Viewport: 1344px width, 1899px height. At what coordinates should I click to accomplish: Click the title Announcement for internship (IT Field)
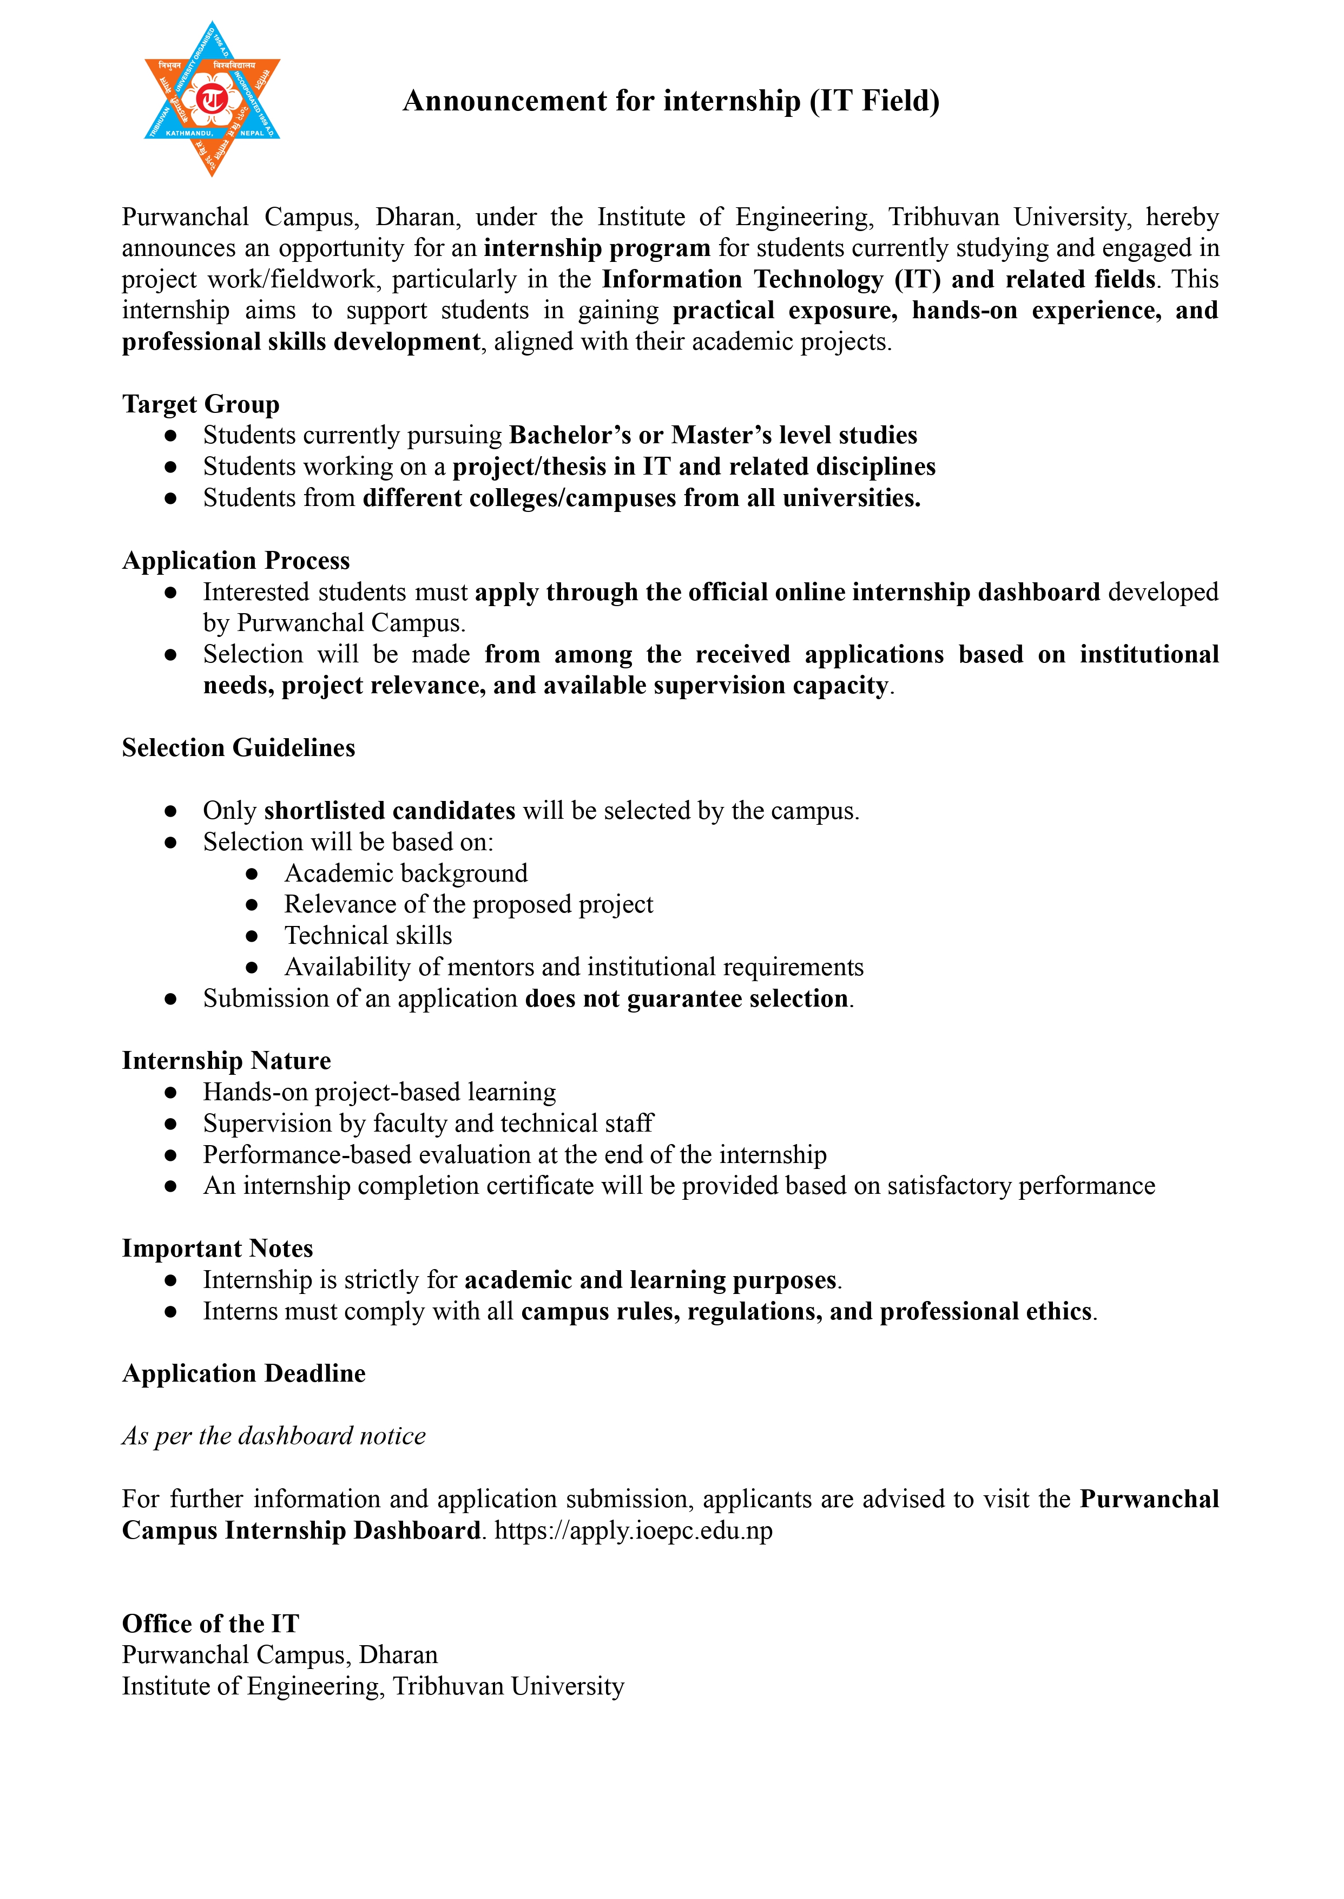(670, 101)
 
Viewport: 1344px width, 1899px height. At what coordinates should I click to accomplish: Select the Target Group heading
(201, 404)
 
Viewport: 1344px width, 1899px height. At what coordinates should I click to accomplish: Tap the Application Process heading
(236, 561)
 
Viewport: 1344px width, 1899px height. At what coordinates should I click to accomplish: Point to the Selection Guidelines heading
(239, 747)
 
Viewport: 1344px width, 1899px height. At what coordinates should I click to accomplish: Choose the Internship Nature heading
(226, 1060)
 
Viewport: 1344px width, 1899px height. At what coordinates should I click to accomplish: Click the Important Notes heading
(218, 1249)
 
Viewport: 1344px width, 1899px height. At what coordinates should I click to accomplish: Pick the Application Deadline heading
(243, 1374)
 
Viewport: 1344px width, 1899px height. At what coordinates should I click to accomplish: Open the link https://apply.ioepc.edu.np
(633, 1530)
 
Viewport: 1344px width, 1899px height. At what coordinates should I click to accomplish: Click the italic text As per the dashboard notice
(274, 1435)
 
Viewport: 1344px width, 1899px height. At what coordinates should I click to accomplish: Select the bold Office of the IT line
(210, 1624)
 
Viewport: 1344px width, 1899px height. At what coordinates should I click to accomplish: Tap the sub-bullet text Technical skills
(368, 935)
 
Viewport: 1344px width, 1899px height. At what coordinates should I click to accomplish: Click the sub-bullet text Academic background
(405, 873)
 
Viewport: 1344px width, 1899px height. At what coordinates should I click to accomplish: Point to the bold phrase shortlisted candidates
(390, 811)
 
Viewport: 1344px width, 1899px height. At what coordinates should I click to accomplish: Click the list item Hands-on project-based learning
(379, 1092)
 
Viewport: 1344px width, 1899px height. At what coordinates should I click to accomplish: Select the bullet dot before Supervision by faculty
(170, 1124)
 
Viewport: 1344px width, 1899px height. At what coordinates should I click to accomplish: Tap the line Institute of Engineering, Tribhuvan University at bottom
(372, 1686)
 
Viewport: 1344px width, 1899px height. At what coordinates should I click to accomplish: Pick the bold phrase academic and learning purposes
(650, 1280)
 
